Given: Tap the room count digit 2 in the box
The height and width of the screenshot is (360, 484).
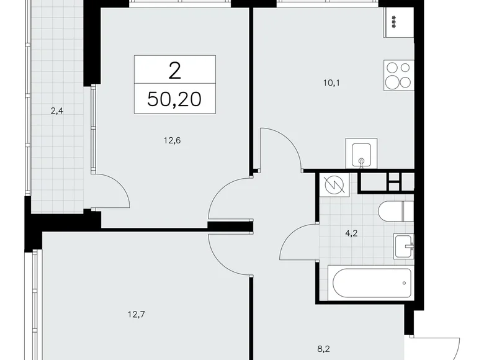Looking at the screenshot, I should (x=174, y=70).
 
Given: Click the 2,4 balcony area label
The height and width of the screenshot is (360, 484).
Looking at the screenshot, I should (x=57, y=112).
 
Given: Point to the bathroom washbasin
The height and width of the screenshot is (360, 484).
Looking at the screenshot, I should (x=404, y=246).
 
